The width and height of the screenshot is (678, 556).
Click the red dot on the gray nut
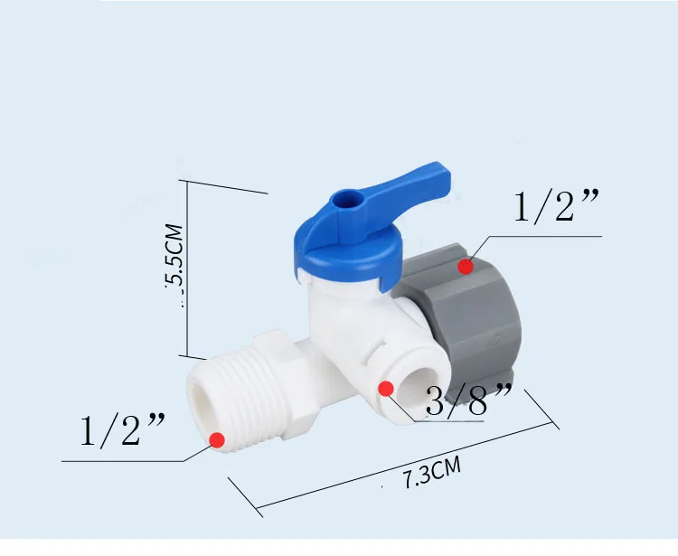point(466,266)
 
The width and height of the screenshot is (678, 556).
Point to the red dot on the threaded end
point(217,439)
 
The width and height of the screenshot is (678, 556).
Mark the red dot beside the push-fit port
point(386,389)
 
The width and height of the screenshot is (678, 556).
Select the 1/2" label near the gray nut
point(557,207)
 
